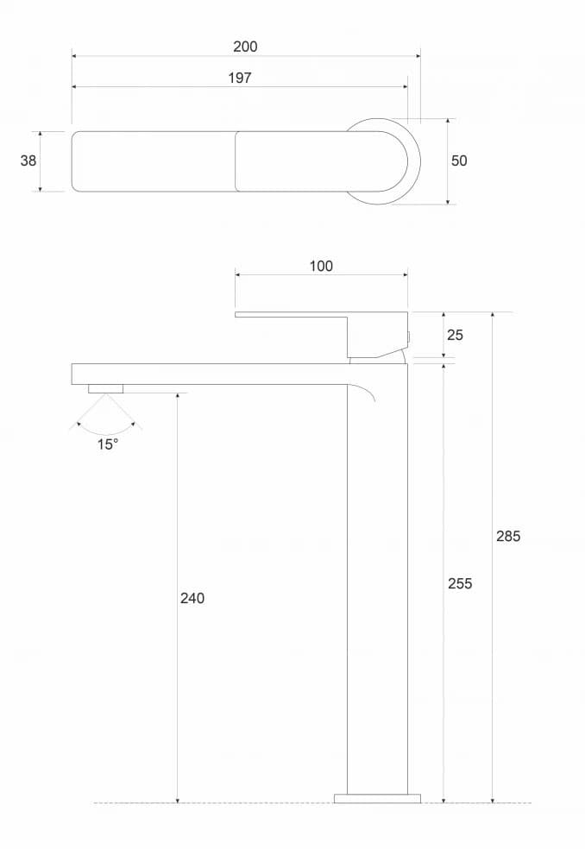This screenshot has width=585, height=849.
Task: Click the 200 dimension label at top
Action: [245, 47]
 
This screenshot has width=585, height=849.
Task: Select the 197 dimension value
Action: [239, 78]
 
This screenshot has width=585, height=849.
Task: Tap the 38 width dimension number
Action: [28, 160]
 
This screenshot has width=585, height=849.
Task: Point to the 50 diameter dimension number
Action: [459, 160]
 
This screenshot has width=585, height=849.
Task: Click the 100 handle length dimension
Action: [321, 267]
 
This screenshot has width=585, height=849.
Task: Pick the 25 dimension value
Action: [455, 335]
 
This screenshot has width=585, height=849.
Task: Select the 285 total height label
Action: [508, 536]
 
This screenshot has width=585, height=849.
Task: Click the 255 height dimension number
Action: [460, 583]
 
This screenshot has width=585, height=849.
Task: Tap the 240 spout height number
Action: [192, 598]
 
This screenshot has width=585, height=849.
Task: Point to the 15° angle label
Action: [106, 445]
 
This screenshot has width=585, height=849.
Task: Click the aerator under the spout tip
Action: [105, 389]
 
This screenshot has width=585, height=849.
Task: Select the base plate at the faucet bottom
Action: [377, 798]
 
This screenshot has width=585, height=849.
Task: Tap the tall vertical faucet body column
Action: [377, 587]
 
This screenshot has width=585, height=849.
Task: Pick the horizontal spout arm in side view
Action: [207, 374]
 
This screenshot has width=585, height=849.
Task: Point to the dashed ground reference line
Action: [216, 803]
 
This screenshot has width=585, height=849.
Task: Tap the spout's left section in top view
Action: [154, 161]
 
